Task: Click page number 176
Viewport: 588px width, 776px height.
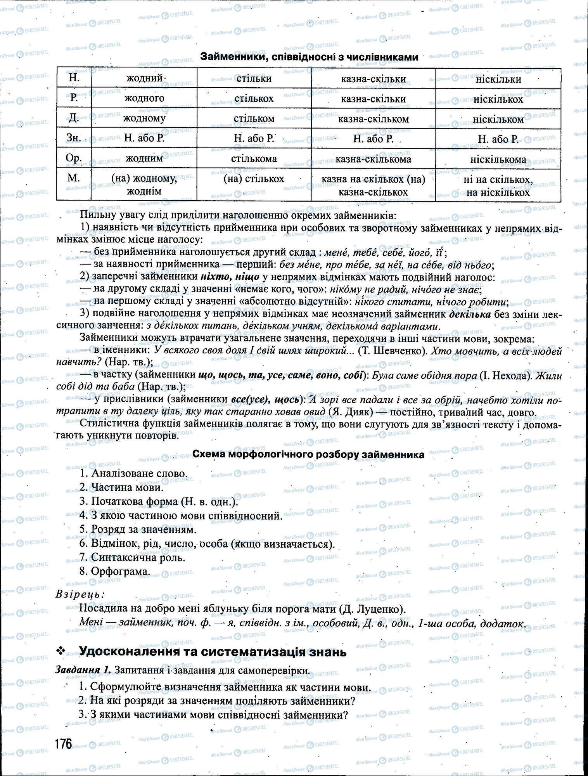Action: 63,744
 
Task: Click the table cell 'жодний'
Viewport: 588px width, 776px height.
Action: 144,78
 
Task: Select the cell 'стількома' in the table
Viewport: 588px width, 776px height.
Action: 254,159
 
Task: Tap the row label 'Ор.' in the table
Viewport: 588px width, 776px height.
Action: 74,158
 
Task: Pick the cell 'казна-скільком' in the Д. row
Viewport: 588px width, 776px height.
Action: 373,119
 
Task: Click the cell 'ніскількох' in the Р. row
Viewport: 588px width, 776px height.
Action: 498,99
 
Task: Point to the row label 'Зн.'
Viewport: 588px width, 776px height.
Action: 74,138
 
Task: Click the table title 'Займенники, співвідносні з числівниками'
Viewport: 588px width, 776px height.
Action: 309,57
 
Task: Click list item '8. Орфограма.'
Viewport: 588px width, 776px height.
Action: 115,571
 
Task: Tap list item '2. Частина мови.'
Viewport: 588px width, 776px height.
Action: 121,487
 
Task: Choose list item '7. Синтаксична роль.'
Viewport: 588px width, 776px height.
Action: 132,557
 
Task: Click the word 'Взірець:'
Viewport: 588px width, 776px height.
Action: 80,594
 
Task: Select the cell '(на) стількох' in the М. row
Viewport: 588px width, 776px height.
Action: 254,179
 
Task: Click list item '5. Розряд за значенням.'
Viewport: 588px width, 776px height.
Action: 138,529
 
